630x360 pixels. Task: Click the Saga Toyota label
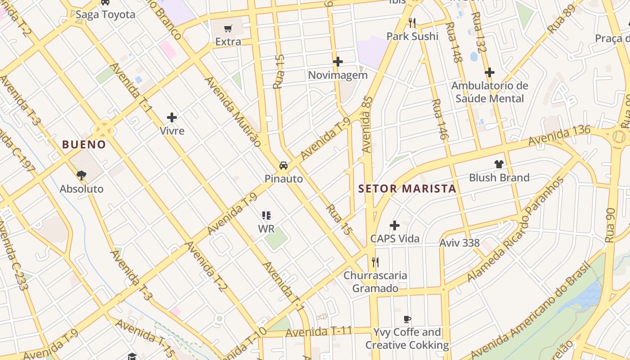pyautogui.click(x=105, y=14)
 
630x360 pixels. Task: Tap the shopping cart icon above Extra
pyautogui.click(x=228, y=28)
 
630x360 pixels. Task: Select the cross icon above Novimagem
pyautogui.click(x=338, y=62)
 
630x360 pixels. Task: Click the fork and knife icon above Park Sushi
pyautogui.click(x=412, y=22)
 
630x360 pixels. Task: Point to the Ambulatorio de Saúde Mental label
pyautogui.click(x=490, y=92)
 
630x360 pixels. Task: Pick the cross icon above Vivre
pyautogui.click(x=172, y=118)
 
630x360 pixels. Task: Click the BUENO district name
pyautogui.click(x=84, y=144)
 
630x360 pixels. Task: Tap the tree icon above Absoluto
pyautogui.click(x=81, y=175)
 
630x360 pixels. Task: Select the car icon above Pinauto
pyautogui.click(x=283, y=166)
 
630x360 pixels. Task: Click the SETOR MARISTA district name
pyautogui.click(x=407, y=189)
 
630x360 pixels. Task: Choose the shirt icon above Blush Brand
pyautogui.click(x=499, y=164)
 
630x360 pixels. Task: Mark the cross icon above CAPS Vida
pyautogui.click(x=395, y=225)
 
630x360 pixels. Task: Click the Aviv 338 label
pyautogui.click(x=459, y=243)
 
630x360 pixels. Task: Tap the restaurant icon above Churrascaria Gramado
pyautogui.click(x=375, y=262)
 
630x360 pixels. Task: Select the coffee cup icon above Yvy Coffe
pyautogui.click(x=407, y=319)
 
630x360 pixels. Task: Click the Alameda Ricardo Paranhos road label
pyautogui.click(x=516, y=229)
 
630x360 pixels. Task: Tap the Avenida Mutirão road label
pyautogui.click(x=233, y=112)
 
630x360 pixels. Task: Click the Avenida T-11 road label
pyautogui.click(x=318, y=332)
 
